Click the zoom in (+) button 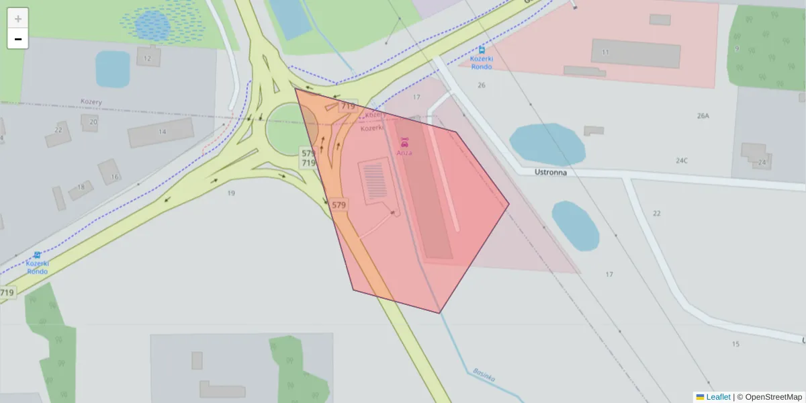18,19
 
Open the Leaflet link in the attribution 717,397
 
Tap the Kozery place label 91,102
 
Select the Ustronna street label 551,172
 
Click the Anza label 404,152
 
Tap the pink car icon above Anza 404,142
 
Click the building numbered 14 161,132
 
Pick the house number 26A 703,116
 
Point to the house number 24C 682,161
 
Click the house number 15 735,344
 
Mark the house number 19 231,193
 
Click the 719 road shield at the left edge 7,293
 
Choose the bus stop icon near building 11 482,50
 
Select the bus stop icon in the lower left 37,255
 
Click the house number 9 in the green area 737,48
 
